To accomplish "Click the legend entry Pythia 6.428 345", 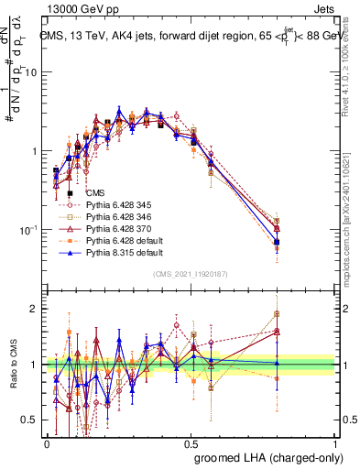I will (115, 204).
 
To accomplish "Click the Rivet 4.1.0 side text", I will (352, 69).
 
